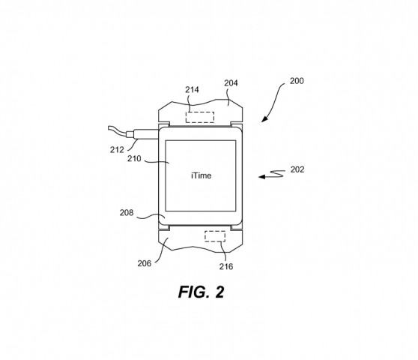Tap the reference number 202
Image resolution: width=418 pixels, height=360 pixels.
[297, 169]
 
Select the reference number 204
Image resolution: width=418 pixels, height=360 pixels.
[231, 83]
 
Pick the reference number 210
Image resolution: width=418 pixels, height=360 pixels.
[136, 158]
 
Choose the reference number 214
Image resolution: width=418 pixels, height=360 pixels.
[193, 89]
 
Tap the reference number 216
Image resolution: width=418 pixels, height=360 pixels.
[226, 266]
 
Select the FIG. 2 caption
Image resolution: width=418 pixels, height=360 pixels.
[201, 292]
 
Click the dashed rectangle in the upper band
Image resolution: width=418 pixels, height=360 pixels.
[200, 117]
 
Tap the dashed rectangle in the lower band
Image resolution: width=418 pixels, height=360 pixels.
[215, 237]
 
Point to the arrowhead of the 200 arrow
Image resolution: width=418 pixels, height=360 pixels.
[264, 119]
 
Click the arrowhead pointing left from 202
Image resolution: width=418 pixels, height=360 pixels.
[260, 177]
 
